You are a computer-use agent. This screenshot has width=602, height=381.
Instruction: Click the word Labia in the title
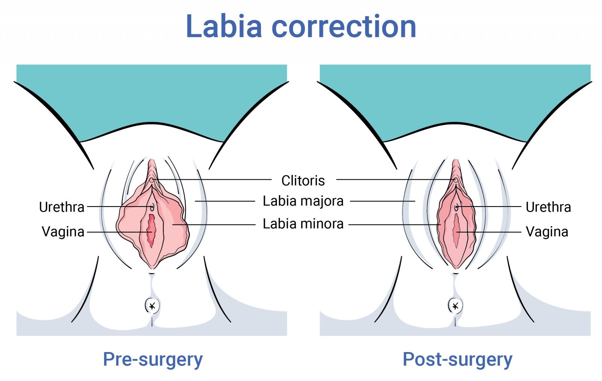pyautogui.click(x=224, y=26)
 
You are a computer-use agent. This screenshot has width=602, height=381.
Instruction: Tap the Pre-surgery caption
pyautogui.click(x=153, y=359)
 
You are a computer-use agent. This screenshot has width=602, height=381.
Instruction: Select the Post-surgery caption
pyautogui.click(x=458, y=359)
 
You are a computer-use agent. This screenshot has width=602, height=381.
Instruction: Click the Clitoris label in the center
pyautogui.click(x=303, y=181)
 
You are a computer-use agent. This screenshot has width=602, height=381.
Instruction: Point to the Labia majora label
pyautogui.click(x=303, y=201)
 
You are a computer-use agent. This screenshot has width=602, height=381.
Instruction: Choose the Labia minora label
pyautogui.click(x=303, y=224)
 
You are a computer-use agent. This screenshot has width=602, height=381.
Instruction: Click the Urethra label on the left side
pyautogui.click(x=62, y=207)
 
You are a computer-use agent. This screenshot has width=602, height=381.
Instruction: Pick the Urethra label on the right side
pyautogui.click(x=548, y=207)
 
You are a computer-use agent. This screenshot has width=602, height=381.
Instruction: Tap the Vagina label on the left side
pyautogui.click(x=63, y=232)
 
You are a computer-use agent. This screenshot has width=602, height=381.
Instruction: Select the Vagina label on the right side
pyautogui.click(x=547, y=232)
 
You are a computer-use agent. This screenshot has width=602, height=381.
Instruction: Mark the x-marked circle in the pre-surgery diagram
pyautogui.click(x=152, y=306)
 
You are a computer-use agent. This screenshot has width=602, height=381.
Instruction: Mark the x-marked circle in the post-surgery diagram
pyautogui.click(x=455, y=306)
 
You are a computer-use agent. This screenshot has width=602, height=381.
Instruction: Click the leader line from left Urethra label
pyautogui.click(x=117, y=206)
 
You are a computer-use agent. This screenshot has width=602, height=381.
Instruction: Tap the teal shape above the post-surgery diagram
pyautogui.click(x=455, y=98)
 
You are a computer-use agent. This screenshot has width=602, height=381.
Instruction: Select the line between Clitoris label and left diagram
pyautogui.click(x=214, y=180)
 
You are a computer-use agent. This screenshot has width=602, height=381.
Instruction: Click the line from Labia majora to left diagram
pyautogui.click(x=226, y=201)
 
